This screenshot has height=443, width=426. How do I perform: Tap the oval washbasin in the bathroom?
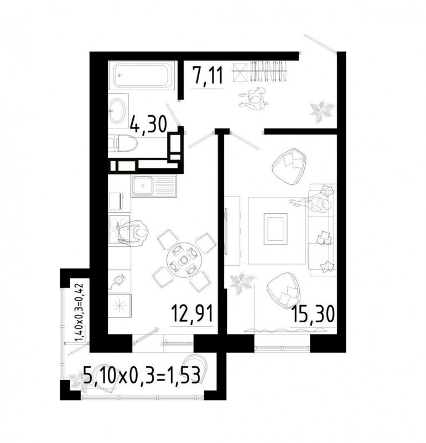[117, 110]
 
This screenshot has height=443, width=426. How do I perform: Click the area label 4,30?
[149, 125]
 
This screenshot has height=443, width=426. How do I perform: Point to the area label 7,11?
[207, 75]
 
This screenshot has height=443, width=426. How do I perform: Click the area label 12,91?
[192, 313]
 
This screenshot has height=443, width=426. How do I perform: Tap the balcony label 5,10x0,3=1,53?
[142, 375]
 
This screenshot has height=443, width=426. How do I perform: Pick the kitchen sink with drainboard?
[153, 186]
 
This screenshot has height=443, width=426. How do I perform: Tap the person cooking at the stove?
[132, 233]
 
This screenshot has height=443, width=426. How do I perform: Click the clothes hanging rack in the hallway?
[268, 71]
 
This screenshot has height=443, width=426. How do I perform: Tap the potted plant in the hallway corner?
[322, 110]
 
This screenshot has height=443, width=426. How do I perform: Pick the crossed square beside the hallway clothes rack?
[240, 72]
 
